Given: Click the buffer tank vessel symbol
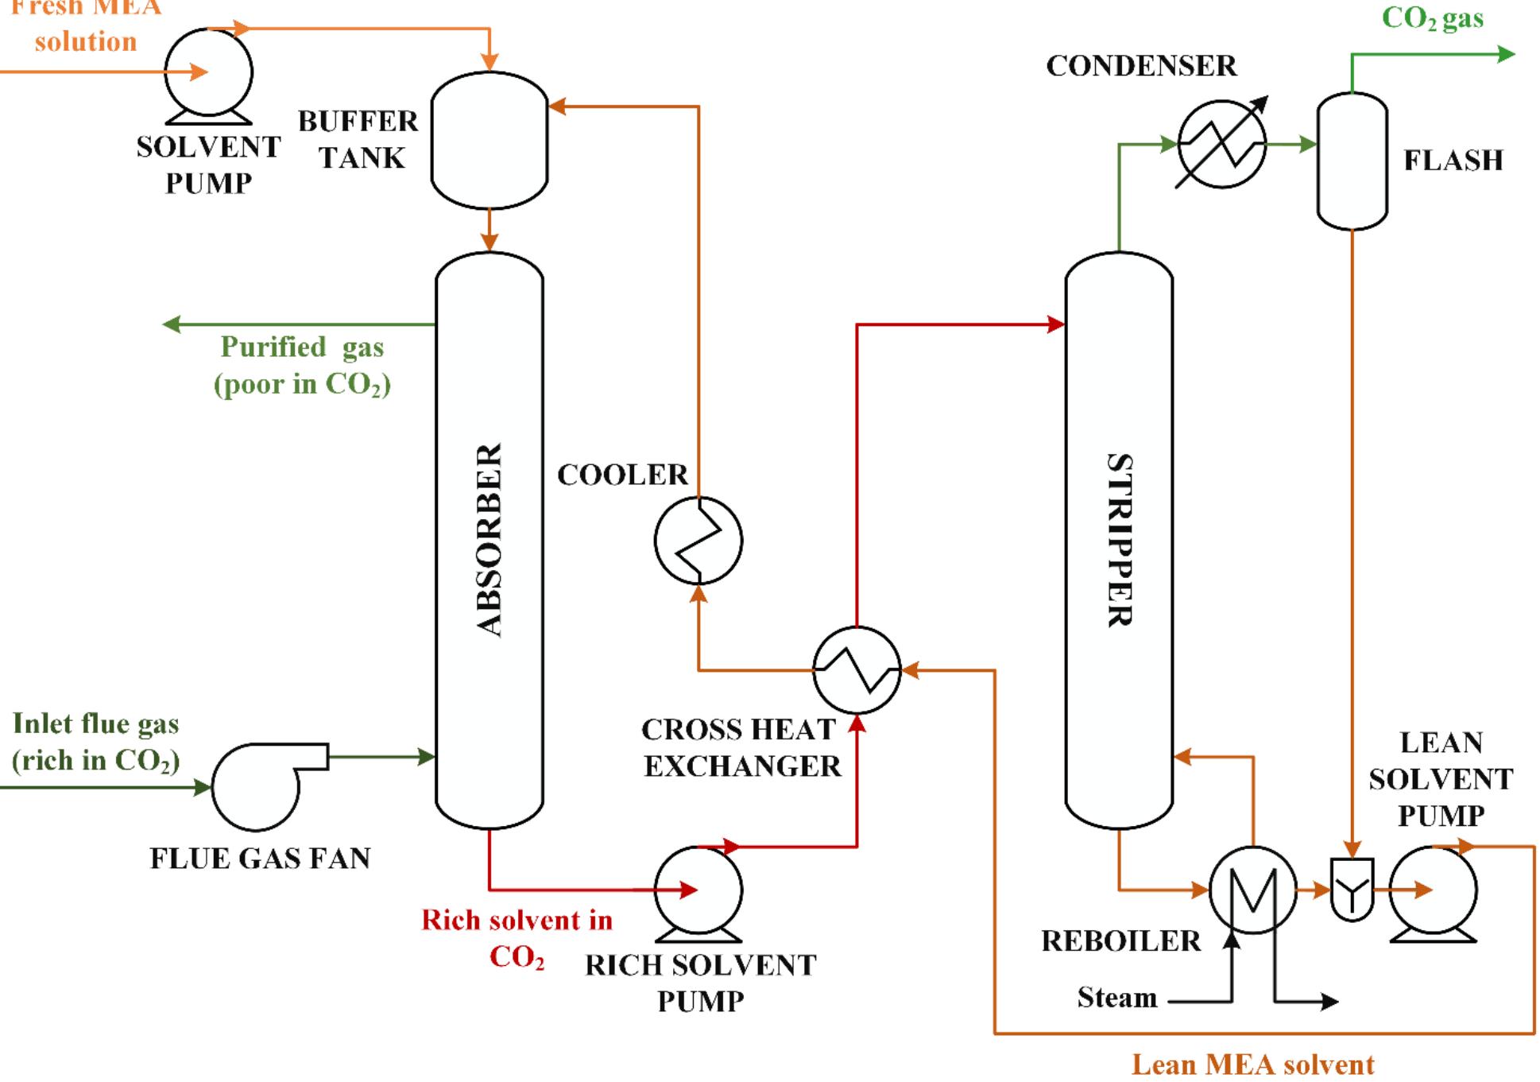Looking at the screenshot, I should point(489,141).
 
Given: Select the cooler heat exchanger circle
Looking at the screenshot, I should point(698,541).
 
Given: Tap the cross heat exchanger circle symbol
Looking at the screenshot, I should point(857,669).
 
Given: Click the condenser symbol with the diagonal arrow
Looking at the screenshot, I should point(1221,144).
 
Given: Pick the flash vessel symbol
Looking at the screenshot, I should point(1352,161).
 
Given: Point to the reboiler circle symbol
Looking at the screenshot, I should point(1252,890).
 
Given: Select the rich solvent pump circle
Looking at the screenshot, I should point(698,890).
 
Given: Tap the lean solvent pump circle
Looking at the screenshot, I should point(1434,890).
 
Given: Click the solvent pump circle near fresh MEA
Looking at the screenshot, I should point(209,72).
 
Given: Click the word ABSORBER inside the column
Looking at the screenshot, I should point(489,541).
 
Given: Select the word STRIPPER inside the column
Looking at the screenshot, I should point(1119,541).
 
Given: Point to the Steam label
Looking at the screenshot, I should point(1116,998).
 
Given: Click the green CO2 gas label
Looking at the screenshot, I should point(1432,17).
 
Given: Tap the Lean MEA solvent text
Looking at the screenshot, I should point(1252,1064).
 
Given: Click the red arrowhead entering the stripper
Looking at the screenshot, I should point(1056,324).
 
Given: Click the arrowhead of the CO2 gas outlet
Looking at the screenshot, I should point(1506,54).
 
